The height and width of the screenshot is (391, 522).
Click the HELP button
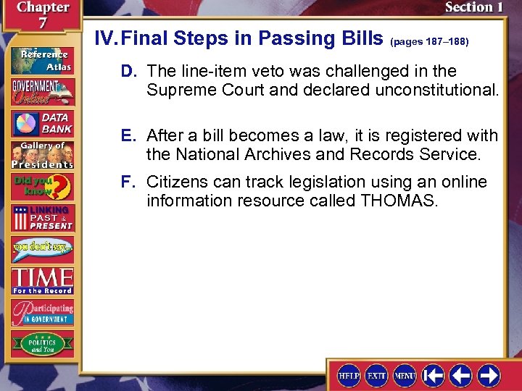[x=349, y=376]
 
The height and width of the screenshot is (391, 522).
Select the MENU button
[x=404, y=376]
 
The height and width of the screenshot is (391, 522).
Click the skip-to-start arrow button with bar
[x=434, y=376]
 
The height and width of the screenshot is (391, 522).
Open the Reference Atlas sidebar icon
[x=42, y=59]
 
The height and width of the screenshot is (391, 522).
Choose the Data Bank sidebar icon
[x=42, y=122]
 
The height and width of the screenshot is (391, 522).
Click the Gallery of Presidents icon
[x=42, y=154]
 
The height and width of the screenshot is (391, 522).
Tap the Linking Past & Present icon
[x=42, y=217]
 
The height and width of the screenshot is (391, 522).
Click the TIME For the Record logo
[x=42, y=280]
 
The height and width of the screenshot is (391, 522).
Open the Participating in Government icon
[x=42, y=312]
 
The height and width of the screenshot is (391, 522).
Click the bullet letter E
[x=127, y=135]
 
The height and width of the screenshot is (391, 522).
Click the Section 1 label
[x=473, y=8]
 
